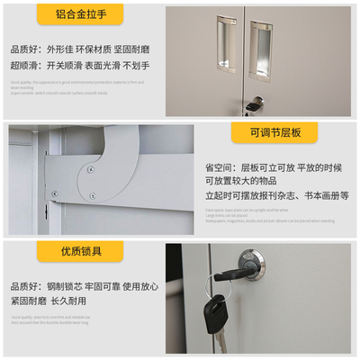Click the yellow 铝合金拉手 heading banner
[x=80, y=15]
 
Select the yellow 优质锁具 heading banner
[x=80, y=251]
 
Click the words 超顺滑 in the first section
[x=25, y=65]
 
